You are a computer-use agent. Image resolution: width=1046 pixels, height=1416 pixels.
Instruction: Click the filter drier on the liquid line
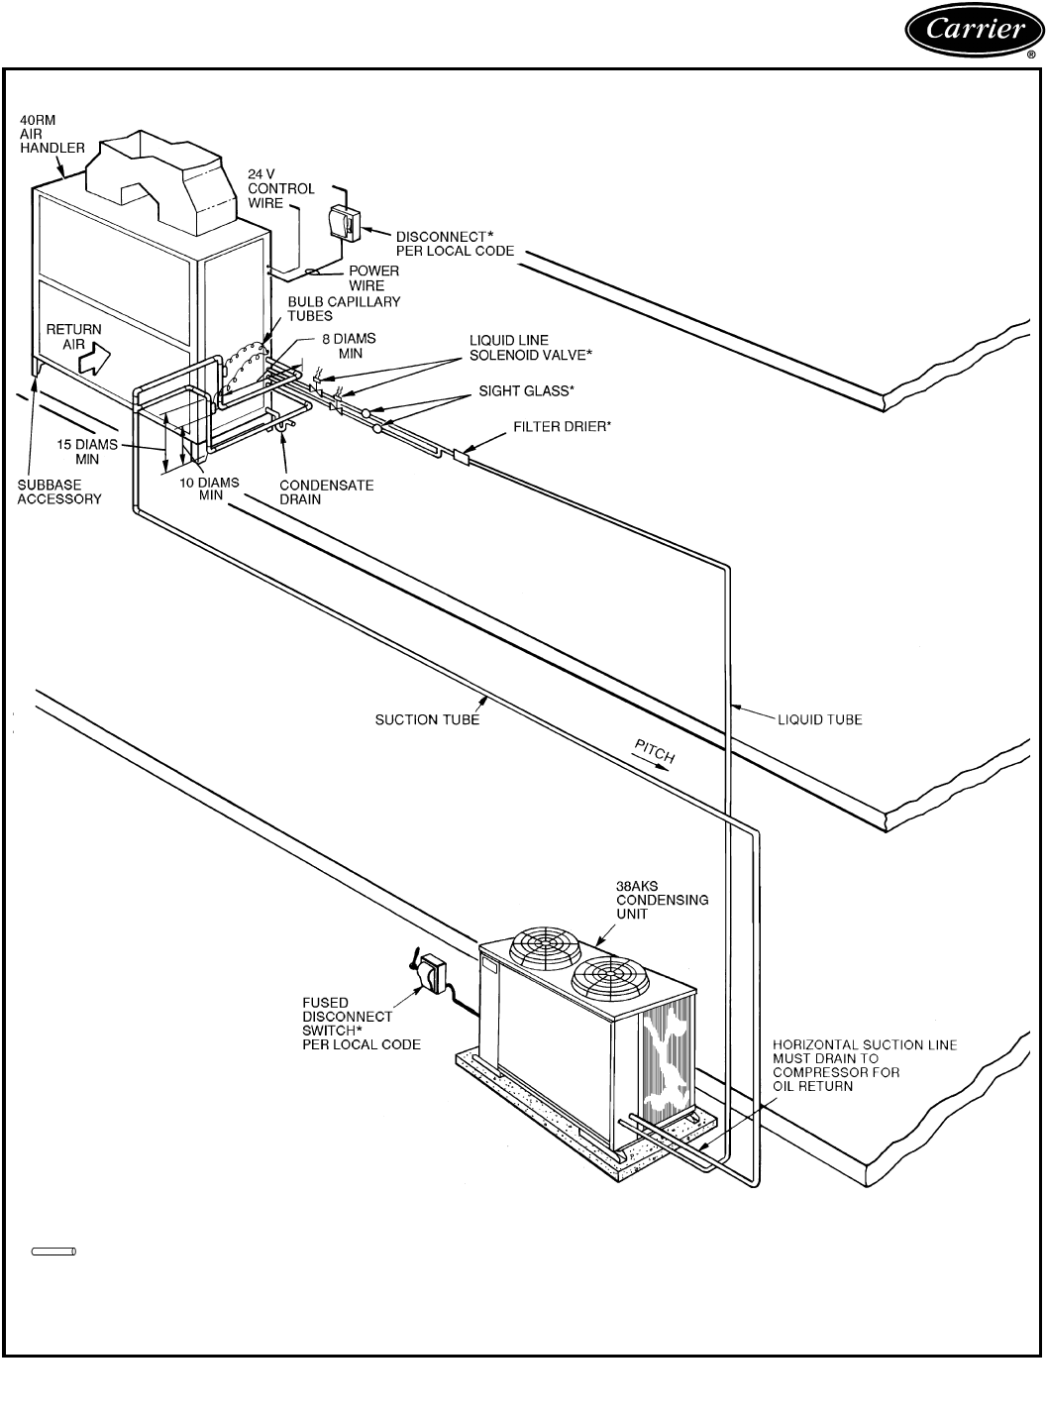pyautogui.click(x=460, y=457)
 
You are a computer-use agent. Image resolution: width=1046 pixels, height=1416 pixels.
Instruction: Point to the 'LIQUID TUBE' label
pyautogui.click(x=819, y=719)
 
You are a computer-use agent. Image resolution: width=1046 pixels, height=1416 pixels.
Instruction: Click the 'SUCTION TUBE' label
pyautogui.click(x=427, y=719)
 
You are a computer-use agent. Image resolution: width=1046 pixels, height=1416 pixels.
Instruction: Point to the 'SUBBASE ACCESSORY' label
pyautogui.click(x=59, y=492)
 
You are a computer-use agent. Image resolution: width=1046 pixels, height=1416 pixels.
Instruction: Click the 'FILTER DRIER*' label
pyautogui.click(x=561, y=427)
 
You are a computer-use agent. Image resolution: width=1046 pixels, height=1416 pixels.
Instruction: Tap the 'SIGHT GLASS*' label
pyautogui.click(x=526, y=391)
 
